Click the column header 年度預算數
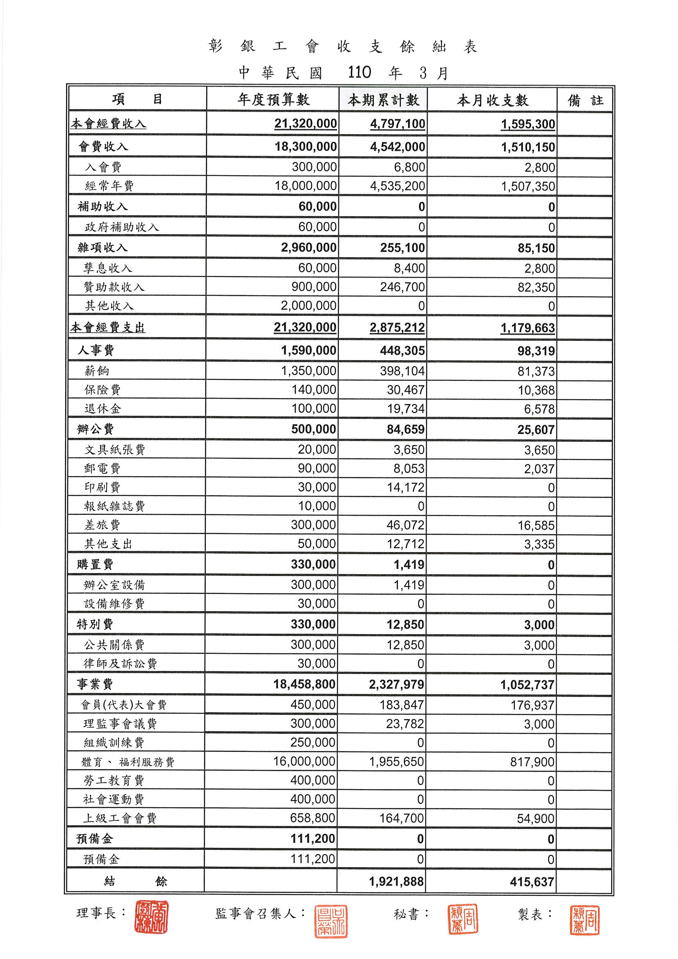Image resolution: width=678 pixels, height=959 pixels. coord(273,99)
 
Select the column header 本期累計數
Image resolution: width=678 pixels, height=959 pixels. coord(383,100)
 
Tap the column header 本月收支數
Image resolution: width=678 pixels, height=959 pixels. coord(492,100)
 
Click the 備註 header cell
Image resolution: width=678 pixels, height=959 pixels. coord(585,100)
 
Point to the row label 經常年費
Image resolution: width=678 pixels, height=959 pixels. coord(109,186)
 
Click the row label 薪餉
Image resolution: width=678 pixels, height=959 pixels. coord(97,371)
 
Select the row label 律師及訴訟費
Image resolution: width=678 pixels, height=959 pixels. coord(120,664)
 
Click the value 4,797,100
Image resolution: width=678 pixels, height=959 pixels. coord(397,124)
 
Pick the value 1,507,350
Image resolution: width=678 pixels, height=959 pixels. coord(528,186)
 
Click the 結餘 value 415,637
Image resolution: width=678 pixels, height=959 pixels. coord(532,882)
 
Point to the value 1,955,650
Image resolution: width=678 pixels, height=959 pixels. coord(397,762)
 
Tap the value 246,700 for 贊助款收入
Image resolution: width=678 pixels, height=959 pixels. coord(402,287)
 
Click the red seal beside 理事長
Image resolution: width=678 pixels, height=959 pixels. coord(151,917)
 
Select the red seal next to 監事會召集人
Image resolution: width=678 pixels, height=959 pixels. coord(331,921)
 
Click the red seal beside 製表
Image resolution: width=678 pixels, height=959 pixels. coord(584,920)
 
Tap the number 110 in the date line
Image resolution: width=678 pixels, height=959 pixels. coord(359,73)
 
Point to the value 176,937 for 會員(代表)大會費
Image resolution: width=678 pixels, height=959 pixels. coord(532,706)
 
